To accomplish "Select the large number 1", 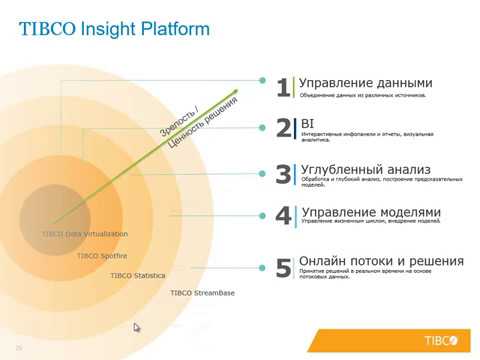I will (283, 88).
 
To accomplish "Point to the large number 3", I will (283, 174).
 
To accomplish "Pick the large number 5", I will (283, 267).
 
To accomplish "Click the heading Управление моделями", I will (370, 212).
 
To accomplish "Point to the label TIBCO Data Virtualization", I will (85, 234).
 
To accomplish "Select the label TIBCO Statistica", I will (138, 274).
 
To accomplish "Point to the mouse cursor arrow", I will (137, 328).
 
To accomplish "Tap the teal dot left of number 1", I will (262, 81).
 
